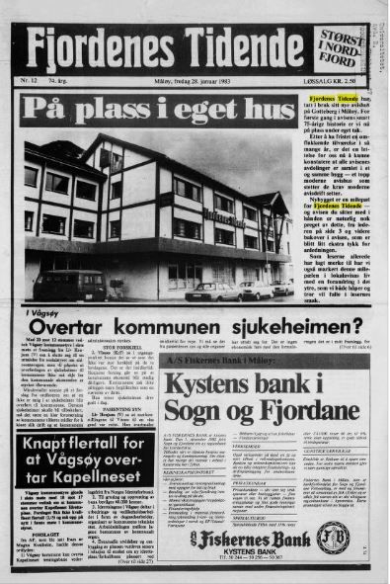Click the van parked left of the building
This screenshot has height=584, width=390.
69,285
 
